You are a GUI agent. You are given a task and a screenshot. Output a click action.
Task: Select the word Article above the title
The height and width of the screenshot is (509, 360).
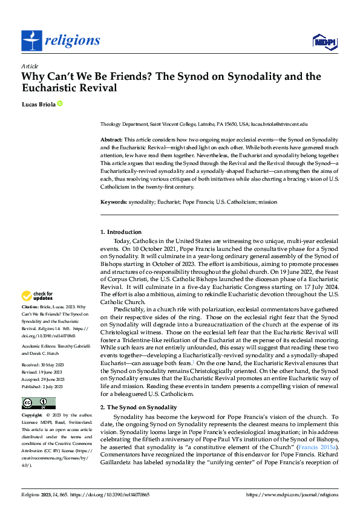(x=29, y=66)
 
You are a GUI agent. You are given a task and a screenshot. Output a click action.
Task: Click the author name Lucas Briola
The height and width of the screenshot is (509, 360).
(x=38, y=104)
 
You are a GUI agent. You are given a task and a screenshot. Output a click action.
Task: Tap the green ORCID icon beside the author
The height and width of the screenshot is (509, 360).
(x=60, y=104)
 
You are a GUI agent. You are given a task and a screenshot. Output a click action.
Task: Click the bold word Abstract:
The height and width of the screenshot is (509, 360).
(x=111, y=140)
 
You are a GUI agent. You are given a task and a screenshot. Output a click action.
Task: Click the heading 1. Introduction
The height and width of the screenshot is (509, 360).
(x=121, y=232)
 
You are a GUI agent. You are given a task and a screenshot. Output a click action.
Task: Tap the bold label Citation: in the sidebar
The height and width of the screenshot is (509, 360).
(x=31, y=308)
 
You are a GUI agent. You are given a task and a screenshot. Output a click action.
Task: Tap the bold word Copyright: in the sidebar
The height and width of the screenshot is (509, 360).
(x=33, y=416)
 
